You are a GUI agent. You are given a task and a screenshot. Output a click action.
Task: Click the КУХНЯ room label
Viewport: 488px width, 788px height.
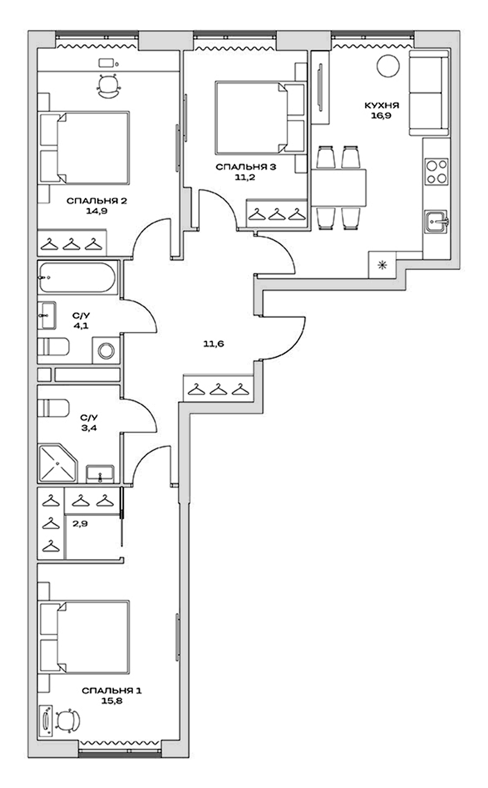click(381, 105)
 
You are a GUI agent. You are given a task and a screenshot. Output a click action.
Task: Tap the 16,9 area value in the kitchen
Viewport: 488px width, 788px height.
click(381, 116)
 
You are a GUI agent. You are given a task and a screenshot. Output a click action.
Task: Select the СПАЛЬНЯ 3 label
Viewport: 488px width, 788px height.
click(246, 167)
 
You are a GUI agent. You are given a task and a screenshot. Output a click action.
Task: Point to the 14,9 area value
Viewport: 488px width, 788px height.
click(96, 211)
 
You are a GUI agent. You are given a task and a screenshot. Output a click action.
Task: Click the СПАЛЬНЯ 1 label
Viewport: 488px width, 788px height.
click(111, 690)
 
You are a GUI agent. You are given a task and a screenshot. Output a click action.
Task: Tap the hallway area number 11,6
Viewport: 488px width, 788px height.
click(214, 343)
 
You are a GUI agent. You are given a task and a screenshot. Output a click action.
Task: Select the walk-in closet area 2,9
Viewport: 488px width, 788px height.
click(80, 523)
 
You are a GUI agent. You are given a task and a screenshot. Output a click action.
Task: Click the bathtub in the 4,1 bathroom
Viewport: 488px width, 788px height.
click(77, 277)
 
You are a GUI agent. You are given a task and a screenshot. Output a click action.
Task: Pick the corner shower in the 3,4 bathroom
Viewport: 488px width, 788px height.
click(57, 463)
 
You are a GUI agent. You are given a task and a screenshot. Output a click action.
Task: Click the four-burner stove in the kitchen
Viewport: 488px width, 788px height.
click(436, 171)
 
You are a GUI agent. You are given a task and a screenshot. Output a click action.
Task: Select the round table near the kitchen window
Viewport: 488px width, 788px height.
click(388, 66)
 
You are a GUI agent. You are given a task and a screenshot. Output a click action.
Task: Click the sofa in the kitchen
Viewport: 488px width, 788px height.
click(429, 93)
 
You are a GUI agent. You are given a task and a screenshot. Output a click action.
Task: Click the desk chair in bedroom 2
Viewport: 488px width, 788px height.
click(109, 86)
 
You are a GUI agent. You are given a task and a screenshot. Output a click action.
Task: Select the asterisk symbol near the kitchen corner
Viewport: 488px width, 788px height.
click(382, 266)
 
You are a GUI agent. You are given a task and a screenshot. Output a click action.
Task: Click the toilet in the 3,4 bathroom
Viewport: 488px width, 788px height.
click(53, 408)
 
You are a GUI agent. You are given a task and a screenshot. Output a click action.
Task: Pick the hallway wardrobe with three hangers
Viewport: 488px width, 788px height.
click(218, 389)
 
